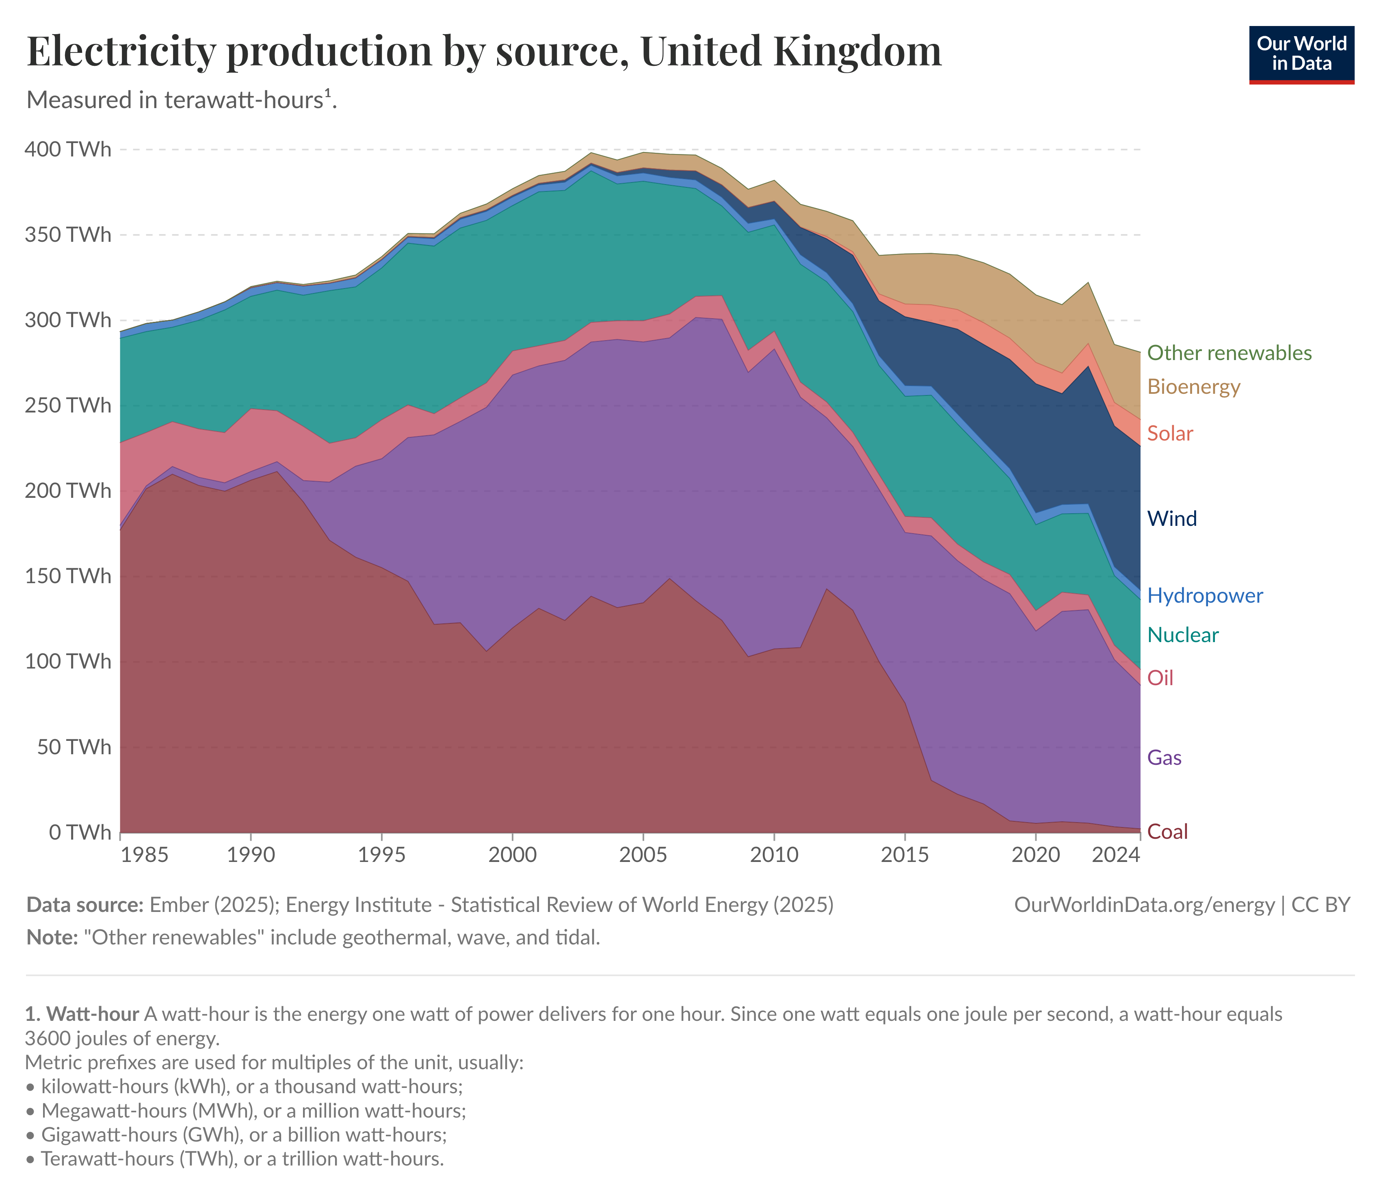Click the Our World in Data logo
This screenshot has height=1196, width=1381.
pyautogui.click(x=1301, y=55)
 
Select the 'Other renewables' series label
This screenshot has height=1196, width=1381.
pyautogui.click(x=1229, y=353)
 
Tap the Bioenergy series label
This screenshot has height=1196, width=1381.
pyautogui.click(x=1193, y=387)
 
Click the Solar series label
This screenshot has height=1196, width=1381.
pyautogui.click(x=1169, y=434)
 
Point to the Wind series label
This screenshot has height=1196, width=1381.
pyautogui.click(x=1171, y=519)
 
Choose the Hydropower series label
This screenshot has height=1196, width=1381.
pyautogui.click(x=1204, y=596)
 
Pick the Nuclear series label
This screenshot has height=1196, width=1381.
pyautogui.click(x=1182, y=635)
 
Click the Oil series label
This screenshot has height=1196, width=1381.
pyautogui.click(x=1160, y=678)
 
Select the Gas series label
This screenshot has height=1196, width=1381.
pyautogui.click(x=1164, y=758)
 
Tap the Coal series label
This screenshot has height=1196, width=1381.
pyautogui.click(x=1167, y=831)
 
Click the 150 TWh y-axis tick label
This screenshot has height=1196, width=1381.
pyautogui.click(x=68, y=576)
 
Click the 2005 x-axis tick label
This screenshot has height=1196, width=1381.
pyautogui.click(x=643, y=855)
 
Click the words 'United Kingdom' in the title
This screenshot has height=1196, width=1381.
pyautogui.click(x=790, y=51)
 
